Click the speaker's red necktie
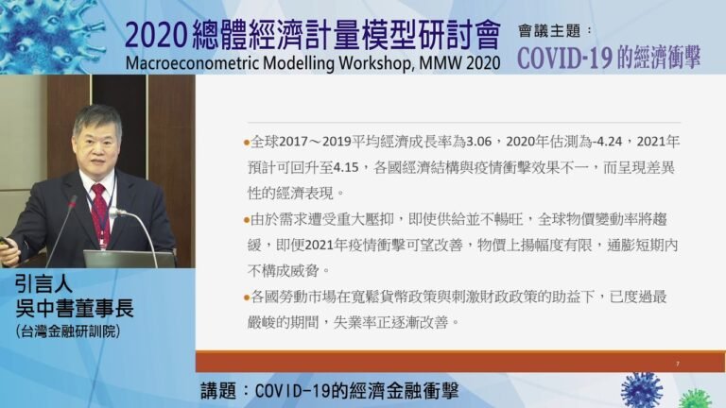(99, 212)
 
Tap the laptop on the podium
(128, 259)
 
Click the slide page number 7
(678, 363)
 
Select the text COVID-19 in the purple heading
(565, 57)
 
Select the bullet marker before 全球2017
(248, 143)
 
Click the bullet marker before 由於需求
(248, 220)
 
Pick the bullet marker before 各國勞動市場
(248, 297)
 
